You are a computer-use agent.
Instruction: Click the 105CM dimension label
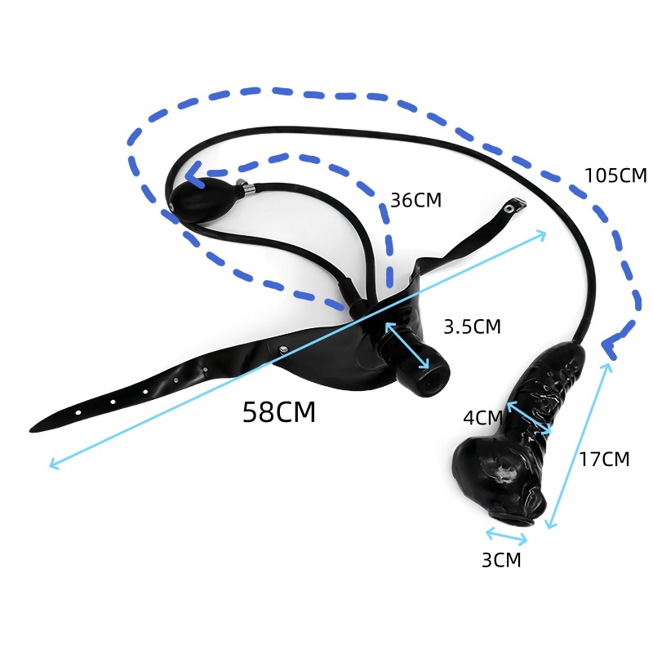[x=615, y=175]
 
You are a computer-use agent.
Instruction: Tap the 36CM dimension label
[x=415, y=200]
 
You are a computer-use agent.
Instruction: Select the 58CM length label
[x=278, y=412]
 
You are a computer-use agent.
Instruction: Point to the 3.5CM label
[x=472, y=326]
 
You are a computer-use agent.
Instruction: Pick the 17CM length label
[x=604, y=459]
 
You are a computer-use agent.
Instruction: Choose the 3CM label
[x=500, y=560]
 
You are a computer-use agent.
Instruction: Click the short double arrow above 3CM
[x=507, y=536]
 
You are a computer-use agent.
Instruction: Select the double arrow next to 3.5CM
[x=407, y=345]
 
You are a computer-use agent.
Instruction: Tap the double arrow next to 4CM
[x=530, y=418]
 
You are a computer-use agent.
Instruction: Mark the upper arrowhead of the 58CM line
[x=543, y=233]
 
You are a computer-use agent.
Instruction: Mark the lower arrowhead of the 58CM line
[x=51, y=465]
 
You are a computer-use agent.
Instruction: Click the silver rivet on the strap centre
[x=282, y=351]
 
